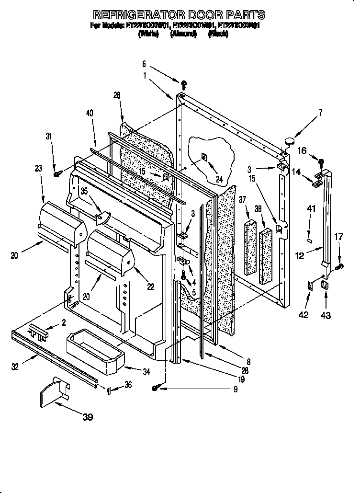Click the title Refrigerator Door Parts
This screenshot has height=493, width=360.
pos(179,14)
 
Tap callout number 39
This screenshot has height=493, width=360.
pos(87,417)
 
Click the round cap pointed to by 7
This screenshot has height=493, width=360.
pos(289,141)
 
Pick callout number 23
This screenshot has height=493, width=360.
pos(38,168)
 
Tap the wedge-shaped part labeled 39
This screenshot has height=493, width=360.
pos(53,392)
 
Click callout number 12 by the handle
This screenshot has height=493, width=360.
pos(299,256)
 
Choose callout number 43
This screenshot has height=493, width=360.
pos(326,315)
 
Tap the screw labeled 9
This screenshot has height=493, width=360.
pos(156,389)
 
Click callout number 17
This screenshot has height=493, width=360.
pos(338,236)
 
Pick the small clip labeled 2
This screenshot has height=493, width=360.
pos(38,332)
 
